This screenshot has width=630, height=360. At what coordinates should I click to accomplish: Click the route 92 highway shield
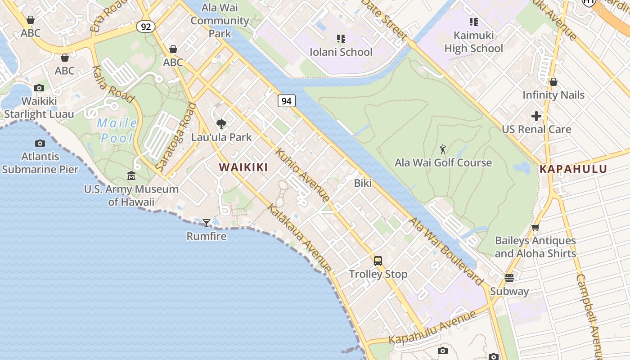click(x=146, y=27)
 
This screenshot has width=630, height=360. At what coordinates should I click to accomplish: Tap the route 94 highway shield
click(x=287, y=101)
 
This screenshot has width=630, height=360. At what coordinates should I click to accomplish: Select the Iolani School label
click(x=341, y=52)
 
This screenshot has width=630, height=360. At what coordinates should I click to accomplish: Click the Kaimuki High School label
click(x=474, y=41)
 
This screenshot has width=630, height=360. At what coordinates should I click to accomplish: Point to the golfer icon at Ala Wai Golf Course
click(x=443, y=149)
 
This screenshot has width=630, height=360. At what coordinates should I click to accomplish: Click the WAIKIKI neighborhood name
click(x=243, y=167)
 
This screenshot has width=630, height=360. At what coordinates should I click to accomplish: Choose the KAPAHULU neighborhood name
click(x=573, y=169)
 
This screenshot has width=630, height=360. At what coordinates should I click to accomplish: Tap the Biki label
click(x=363, y=183)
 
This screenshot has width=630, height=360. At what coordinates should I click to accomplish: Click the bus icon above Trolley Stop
click(x=378, y=261)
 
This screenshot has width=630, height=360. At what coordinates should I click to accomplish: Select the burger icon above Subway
click(x=509, y=278)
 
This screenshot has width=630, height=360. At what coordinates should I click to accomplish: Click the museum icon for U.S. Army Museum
click(x=131, y=175)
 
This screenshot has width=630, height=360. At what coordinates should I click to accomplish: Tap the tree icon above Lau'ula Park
click(x=221, y=124)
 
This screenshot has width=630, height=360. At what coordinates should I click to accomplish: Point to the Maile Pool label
click(x=117, y=130)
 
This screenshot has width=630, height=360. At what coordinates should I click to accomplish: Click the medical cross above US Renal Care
click(x=536, y=116)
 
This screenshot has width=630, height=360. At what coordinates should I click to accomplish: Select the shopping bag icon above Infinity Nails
click(x=553, y=82)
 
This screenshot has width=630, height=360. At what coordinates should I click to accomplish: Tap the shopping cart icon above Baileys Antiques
click(x=535, y=227)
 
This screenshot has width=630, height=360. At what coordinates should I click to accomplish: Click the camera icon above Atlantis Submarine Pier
click(x=40, y=144)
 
